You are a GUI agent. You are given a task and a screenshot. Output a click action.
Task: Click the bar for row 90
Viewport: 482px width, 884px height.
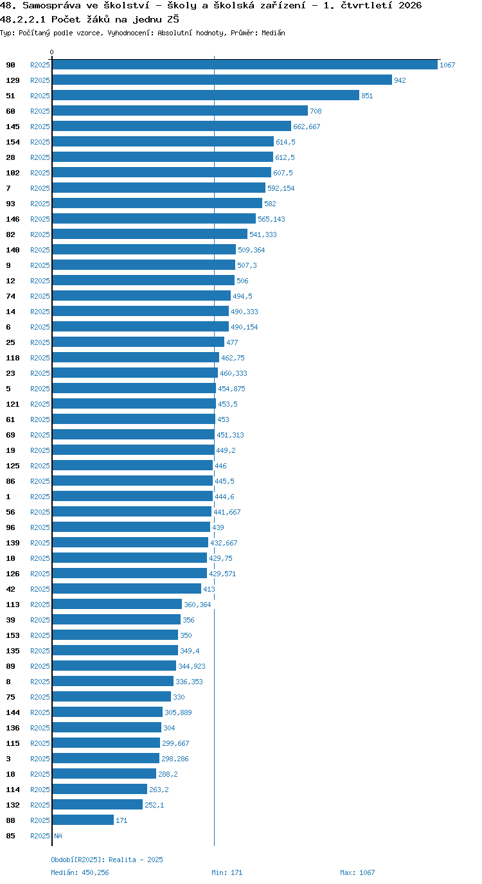(x=245, y=65)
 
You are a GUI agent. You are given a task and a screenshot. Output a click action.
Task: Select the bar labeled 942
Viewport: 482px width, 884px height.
(x=222, y=80)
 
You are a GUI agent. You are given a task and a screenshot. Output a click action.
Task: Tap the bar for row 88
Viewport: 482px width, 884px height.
(x=83, y=820)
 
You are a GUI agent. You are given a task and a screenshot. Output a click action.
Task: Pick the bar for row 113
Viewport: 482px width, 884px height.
(x=117, y=604)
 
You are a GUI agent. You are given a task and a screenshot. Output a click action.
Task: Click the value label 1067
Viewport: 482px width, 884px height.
(x=447, y=65)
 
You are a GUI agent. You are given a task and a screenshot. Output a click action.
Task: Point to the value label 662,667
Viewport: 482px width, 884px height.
(x=307, y=127)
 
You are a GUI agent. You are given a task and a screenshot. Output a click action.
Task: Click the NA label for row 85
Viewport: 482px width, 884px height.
(x=58, y=836)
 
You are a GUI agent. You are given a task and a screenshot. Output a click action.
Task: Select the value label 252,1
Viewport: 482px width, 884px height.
(x=154, y=805)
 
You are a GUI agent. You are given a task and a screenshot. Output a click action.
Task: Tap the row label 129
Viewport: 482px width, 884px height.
(x=13, y=80)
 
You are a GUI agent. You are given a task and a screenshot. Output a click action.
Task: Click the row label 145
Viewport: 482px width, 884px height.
(x=13, y=127)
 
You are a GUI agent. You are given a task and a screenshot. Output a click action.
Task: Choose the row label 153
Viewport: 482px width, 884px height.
(x=13, y=635)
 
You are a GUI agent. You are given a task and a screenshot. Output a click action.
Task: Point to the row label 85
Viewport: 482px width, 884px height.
(x=11, y=836)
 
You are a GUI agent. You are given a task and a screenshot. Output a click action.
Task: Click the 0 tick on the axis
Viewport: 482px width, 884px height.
(x=51, y=52)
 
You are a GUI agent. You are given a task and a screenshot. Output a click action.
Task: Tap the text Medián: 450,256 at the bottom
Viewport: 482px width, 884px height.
(x=80, y=872)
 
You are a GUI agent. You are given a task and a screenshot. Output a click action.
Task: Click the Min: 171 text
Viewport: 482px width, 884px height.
(x=227, y=872)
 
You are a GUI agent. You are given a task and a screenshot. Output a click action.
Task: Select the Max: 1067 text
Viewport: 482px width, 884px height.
(x=358, y=872)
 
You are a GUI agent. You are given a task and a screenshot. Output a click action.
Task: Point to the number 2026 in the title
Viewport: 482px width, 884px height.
(x=410, y=6)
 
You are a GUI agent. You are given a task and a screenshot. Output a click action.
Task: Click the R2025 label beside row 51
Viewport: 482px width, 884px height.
(x=40, y=96)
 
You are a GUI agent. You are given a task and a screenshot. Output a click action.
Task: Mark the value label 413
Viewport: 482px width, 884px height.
(x=210, y=589)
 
